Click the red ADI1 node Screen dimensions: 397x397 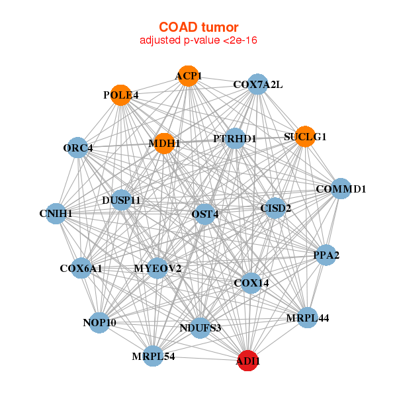248,361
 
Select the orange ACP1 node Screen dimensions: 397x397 189,76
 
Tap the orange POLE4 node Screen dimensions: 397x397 120,95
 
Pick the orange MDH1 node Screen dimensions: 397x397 164,143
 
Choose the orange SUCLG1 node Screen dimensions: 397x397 305,137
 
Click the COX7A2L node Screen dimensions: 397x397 257,84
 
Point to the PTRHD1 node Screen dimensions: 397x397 235,139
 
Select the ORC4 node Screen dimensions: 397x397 78,148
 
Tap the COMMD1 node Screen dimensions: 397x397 341,189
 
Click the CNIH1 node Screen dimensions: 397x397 56,214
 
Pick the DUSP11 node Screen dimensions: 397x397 121,200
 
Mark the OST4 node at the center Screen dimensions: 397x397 205,214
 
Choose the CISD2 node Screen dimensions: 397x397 275,209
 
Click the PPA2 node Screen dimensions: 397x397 326,255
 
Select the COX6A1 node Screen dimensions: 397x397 81,269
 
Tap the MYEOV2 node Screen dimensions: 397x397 157,268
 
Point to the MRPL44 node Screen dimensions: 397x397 307,318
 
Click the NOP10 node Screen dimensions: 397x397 99,323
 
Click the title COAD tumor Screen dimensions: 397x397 198,27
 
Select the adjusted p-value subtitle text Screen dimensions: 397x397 198,40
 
